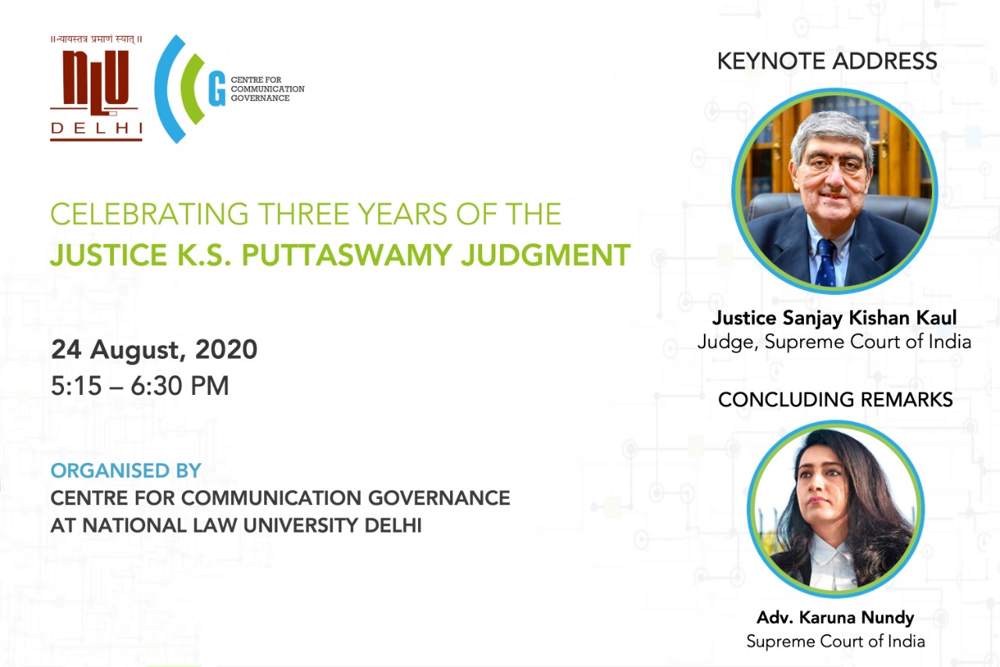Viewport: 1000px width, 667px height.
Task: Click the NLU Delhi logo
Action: pos(96,88)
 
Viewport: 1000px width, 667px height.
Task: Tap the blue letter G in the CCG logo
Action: pos(216,88)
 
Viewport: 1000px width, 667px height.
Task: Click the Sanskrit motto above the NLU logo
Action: pos(96,39)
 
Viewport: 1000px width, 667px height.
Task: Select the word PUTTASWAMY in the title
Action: pos(347,255)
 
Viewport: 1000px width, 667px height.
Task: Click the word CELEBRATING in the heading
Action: pos(149,214)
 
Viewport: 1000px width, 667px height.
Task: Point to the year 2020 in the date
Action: pos(226,349)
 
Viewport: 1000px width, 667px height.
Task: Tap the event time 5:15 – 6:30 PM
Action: pos(140,385)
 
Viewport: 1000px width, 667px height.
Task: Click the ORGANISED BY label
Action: pos(126,471)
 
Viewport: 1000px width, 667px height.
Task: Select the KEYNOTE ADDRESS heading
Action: pos(827,61)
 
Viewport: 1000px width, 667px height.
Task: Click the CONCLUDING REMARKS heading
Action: pos(835,400)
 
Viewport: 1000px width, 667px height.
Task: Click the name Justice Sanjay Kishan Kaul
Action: pos(834,317)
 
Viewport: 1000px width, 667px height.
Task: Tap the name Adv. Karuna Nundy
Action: pos(835,618)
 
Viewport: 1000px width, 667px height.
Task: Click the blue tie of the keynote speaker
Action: pos(827,263)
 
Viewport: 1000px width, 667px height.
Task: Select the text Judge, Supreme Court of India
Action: pos(834,342)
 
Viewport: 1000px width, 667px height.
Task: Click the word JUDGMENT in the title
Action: pos(545,255)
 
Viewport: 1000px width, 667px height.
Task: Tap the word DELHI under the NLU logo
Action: pos(96,129)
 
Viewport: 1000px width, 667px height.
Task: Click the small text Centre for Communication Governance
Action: pos(267,89)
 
